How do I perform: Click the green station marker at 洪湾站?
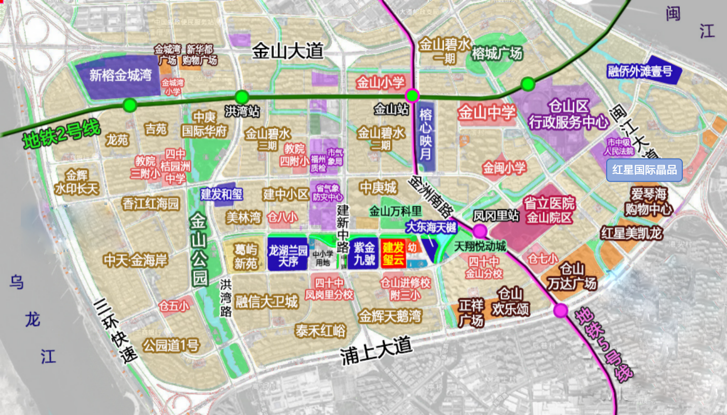click(242, 96)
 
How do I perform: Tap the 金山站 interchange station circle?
click(412, 96)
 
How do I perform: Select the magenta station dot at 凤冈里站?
click(480, 232)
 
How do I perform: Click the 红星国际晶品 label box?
click(644, 170)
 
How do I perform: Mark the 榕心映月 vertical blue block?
click(426, 136)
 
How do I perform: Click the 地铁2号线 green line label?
click(62, 134)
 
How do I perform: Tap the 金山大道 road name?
click(288, 51)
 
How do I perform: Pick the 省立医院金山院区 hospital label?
click(549, 211)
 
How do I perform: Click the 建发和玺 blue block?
click(221, 194)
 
